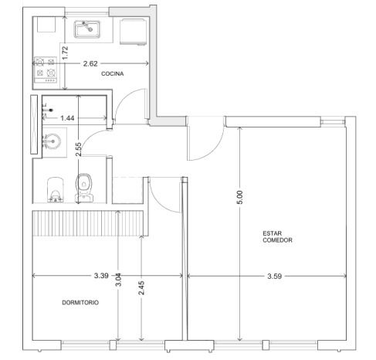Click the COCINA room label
(112, 73)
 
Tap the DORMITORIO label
(80, 302)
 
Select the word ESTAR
(273, 233)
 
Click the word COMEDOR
(277, 240)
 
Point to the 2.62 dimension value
(90, 63)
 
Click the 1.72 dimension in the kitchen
(66, 53)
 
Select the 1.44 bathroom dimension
(67, 118)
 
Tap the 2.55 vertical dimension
(79, 149)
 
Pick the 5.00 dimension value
(239, 197)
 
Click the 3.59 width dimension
(275, 277)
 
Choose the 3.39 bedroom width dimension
(101, 276)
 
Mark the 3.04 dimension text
(118, 280)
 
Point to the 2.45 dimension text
(141, 288)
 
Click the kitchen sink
(87, 29)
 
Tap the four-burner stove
(46, 70)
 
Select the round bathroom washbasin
(53, 141)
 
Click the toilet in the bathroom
(84, 188)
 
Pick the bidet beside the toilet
(56, 189)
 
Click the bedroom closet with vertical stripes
(87, 223)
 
